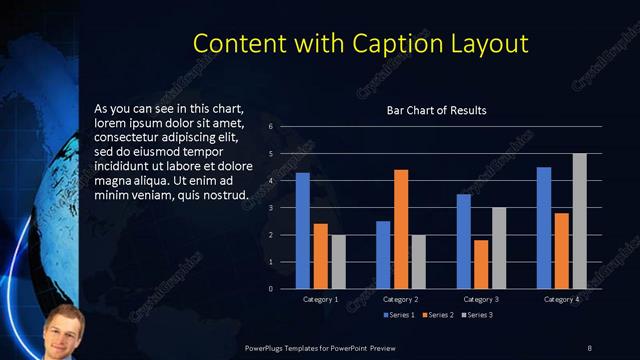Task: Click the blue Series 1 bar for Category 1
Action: point(302,231)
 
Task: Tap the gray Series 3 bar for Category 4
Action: point(579,221)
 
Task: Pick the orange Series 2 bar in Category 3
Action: point(481,264)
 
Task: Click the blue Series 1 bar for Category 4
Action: point(544,228)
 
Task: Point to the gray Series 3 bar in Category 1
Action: point(338,262)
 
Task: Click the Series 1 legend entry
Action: point(402,315)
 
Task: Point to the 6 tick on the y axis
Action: point(271,127)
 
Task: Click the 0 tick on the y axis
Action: point(271,289)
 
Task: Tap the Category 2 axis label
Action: point(401,299)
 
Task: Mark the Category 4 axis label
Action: point(562,299)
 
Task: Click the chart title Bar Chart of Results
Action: point(437,110)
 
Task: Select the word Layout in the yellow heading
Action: point(486,45)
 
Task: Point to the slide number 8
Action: point(589,347)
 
